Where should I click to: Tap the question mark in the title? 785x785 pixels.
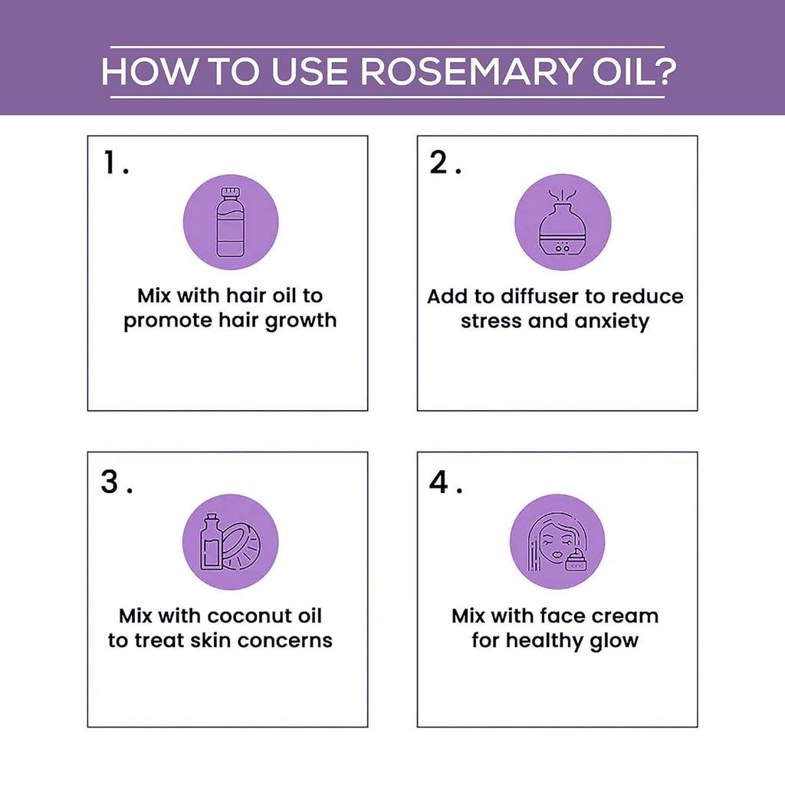pyautogui.click(x=665, y=71)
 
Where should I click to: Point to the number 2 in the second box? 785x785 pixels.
pyautogui.click(x=439, y=163)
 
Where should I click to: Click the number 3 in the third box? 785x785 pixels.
pyautogui.click(x=110, y=481)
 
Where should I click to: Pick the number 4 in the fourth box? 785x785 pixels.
pyautogui.click(x=439, y=481)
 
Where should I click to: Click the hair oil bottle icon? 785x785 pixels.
pyautogui.click(x=230, y=222)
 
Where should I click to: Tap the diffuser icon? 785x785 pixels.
pyautogui.click(x=563, y=223)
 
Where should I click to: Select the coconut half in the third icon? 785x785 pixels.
pyautogui.click(x=241, y=547)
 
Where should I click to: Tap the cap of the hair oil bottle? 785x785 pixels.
pyautogui.click(x=231, y=192)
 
